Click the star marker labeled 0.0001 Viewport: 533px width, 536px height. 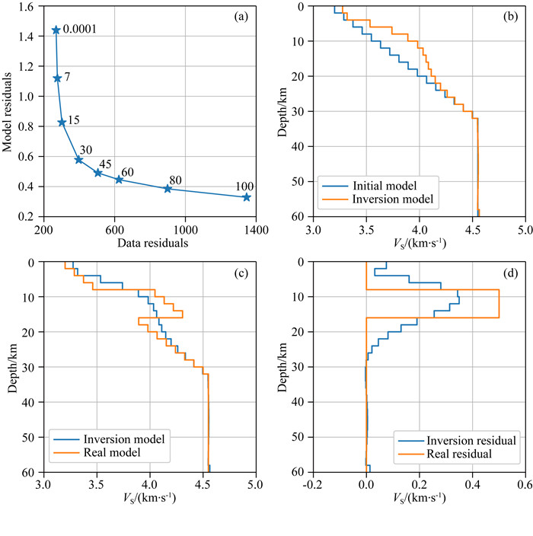(56, 30)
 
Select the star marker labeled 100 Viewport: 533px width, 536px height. (246, 197)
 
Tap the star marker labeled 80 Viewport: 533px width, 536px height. (168, 188)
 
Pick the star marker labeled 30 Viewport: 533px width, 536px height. (78, 159)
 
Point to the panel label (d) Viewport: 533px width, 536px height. (510, 273)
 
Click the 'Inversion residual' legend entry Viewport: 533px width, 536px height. (464, 441)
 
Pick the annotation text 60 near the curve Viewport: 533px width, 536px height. (127, 172)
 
